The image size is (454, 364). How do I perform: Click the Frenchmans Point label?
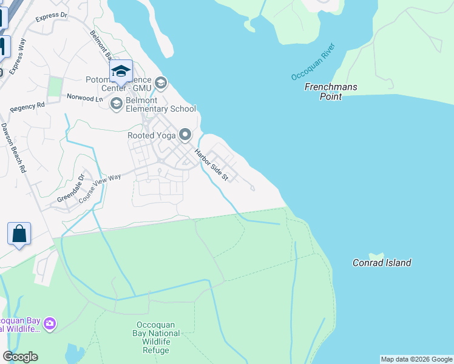click(x=330, y=92)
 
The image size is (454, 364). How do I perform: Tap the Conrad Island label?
click(x=382, y=263)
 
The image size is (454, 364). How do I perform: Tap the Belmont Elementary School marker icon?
click(x=116, y=104)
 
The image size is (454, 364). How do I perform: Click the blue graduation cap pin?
click(x=121, y=72)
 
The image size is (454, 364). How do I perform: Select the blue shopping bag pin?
click(x=19, y=234)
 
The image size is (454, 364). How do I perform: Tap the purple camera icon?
click(x=50, y=325)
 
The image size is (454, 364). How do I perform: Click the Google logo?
click(x=20, y=357)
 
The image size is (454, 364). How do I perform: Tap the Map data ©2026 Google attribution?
click(x=416, y=359)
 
